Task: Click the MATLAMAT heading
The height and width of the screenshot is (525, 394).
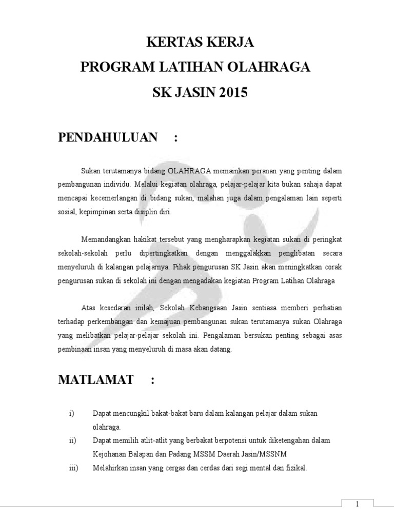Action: pyautogui.click(x=96, y=380)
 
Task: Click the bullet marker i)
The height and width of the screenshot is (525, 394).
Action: pyautogui.click(x=71, y=413)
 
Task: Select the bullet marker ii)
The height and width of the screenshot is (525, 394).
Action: pyautogui.click(x=72, y=440)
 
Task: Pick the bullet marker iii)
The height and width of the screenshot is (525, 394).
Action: pyautogui.click(x=73, y=467)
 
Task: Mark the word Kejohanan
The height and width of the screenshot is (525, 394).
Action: pyautogui.click(x=109, y=454)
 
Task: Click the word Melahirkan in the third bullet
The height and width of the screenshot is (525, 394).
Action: pyautogui.click(x=110, y=467)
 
